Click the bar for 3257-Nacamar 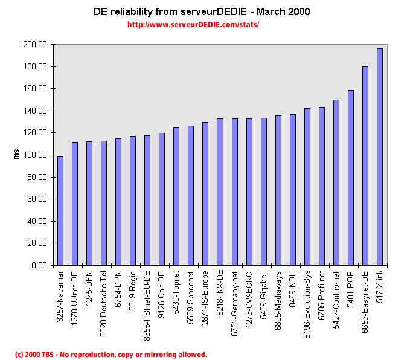(60, 211)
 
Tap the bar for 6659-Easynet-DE (365, 166)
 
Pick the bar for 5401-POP (351, 178)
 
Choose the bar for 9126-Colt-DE (162, 199)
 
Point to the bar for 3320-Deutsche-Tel (103, 203)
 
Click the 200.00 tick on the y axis (34, 45)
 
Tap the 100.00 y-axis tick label (34, 155)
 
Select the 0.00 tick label (39, 265)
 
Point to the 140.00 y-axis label (34, 111)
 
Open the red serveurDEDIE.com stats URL (193, 25)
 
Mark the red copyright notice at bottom (111, 355)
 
